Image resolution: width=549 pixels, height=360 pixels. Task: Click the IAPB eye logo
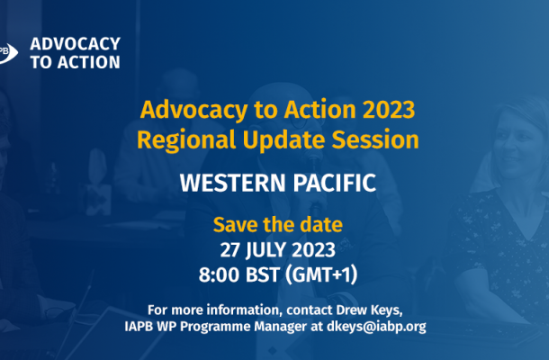click(x=8, y=53)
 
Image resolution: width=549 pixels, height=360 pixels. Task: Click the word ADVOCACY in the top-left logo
click(x=76, y=44)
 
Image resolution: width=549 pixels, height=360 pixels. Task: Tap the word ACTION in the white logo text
click(x=89, y=62)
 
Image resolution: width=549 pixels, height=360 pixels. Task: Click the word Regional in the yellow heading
click(x=186, y=140)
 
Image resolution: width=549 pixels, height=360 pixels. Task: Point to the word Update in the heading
click(x=284, y=140)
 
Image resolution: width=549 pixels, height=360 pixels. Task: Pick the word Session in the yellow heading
click(x=375, y=139)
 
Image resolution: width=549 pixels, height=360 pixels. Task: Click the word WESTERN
click(x=233, y=183)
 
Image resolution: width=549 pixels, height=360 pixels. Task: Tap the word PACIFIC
click(x=335, y=183)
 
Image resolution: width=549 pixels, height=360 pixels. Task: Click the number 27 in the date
click(x=229, y=250)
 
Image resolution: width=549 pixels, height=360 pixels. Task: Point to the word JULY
click(x=265, y=251)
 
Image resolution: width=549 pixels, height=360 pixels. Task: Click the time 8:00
click(x=220, y=274)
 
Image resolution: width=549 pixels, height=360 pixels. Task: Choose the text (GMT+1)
click(x=321, y=274)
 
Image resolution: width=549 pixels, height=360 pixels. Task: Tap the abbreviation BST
click(x=263, y=274)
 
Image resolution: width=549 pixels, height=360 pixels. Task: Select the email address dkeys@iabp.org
click(x=376, y=327)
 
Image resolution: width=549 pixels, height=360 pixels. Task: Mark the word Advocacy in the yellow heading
click(x=194, y=111)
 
